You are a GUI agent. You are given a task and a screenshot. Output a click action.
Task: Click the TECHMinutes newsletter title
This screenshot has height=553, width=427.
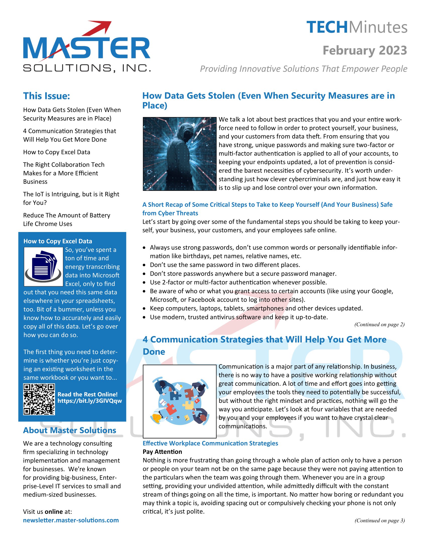pyautogui.click(x=357, y=27)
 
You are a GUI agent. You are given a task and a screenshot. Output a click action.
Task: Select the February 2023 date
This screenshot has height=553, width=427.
pyautogui.click(x=365, y=50)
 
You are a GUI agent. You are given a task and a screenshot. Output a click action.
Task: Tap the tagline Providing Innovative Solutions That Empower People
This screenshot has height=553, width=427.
pyautogui.click(x=304, y=69)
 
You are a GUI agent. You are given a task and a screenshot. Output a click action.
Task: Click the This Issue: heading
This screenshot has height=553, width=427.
pyautogui.click(x=46, y=96)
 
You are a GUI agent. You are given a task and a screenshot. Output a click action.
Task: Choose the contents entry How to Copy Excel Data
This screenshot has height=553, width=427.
pyautogui.click(x=57, y=152)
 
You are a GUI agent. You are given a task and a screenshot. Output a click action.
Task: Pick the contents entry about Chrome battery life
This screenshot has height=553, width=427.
pyautogui.click(x=67, y=219)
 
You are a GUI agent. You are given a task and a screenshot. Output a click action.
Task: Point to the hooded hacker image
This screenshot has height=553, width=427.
pyautogui.click(x=179, y=154)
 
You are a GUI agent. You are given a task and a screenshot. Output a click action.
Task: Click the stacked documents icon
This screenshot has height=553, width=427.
pyautogui.click(x=43, y=267)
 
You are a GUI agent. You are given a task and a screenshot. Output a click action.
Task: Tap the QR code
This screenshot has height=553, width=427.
pyautogui.click(x=39, y=399)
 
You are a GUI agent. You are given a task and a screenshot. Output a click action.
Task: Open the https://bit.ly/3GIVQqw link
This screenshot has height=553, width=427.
pyautogui.click(x=90, y=401)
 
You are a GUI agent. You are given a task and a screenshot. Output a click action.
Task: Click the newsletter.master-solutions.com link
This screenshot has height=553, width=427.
pyautogui.click(x=71, y=520)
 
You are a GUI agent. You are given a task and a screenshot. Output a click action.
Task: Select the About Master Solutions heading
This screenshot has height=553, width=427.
pyautogui.click(x=70, y=430)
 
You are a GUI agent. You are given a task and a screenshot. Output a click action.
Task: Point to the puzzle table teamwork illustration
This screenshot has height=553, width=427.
pyautogui.click(x=179, y=401)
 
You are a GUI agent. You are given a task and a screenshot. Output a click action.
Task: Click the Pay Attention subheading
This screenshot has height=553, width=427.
pyautogui.click(x=162, y=452)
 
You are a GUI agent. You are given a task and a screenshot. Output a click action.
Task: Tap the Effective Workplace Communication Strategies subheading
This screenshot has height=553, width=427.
pyautogui.click(x=210, y=443)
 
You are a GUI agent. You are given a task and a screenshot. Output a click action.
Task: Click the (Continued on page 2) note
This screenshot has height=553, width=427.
pyautogui.click(x=379, y=324)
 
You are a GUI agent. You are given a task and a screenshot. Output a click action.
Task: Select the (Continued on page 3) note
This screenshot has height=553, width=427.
pyautogui.click(x=380, y=520)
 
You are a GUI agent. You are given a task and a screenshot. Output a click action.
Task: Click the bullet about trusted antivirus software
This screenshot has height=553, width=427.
pyautogui.click(x=239, y=317)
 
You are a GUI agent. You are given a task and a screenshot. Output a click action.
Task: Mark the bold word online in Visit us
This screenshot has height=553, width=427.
pyautogui.click(x=54, y=512)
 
